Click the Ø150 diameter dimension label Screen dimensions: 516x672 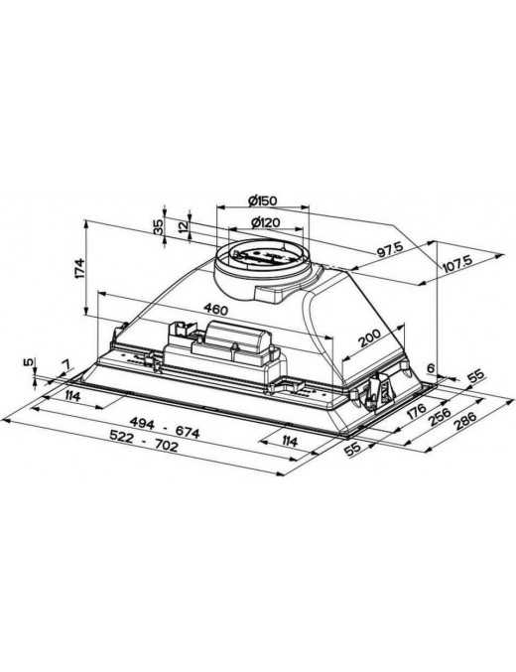tap(262, 201)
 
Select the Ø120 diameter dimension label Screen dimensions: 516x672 tap(265, 222)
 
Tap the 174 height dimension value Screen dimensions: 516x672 tap(79, 269)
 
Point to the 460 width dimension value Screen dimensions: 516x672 tap(215, 309)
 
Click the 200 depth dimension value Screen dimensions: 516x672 tap(370, 337)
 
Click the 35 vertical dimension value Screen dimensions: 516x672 tap(158, 226)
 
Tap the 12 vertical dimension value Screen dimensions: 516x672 tap(184, 226)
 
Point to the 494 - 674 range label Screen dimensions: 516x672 tap(165, 428)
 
